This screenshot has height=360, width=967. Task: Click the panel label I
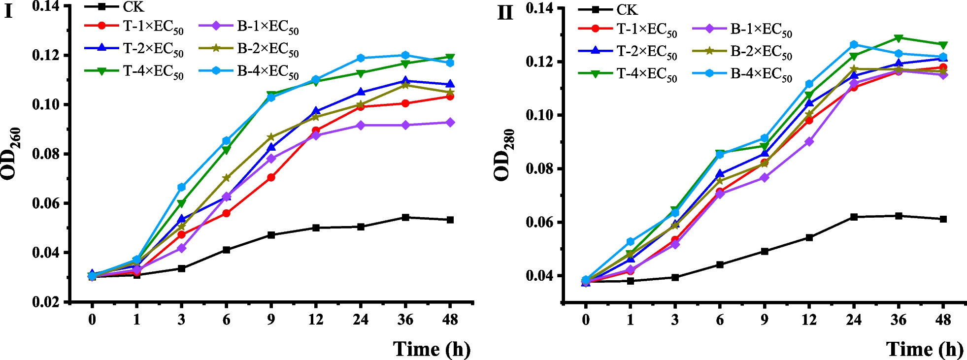point(8,11)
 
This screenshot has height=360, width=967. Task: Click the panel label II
point(505,13)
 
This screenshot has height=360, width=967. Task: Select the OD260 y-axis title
point(11,154)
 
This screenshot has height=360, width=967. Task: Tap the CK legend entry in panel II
point(627,9)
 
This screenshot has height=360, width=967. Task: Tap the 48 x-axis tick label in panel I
point(450,320)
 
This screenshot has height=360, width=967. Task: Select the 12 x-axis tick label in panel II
point(809,320)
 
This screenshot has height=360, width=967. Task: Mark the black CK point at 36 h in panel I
point(405,217)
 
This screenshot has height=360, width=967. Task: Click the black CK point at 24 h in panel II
point(854,217)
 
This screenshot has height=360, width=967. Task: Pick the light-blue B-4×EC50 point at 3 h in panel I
point(181,187)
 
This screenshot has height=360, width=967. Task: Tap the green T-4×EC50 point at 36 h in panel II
point(899,38)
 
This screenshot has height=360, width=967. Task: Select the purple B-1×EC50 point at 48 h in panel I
point(450,123)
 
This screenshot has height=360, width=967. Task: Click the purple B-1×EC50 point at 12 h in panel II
point(809,142)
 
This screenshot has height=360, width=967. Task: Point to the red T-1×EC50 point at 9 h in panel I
point(271,177)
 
